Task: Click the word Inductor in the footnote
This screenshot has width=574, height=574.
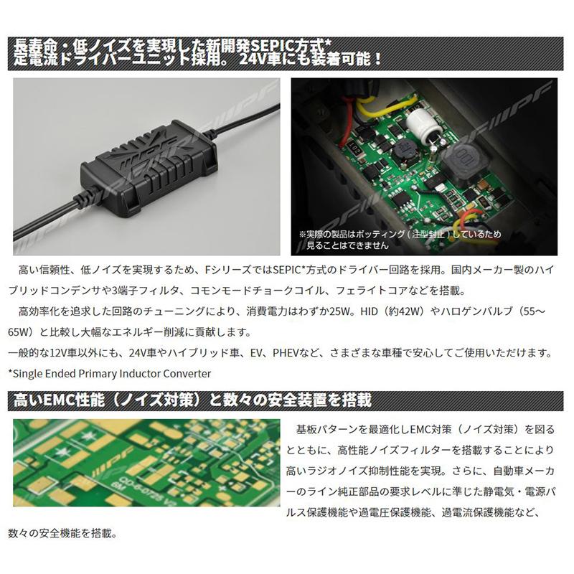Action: [x=126, y=373]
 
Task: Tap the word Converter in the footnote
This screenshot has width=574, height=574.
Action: [x=182, y=373]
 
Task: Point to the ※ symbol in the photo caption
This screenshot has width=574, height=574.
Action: [x=301, y=234]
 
